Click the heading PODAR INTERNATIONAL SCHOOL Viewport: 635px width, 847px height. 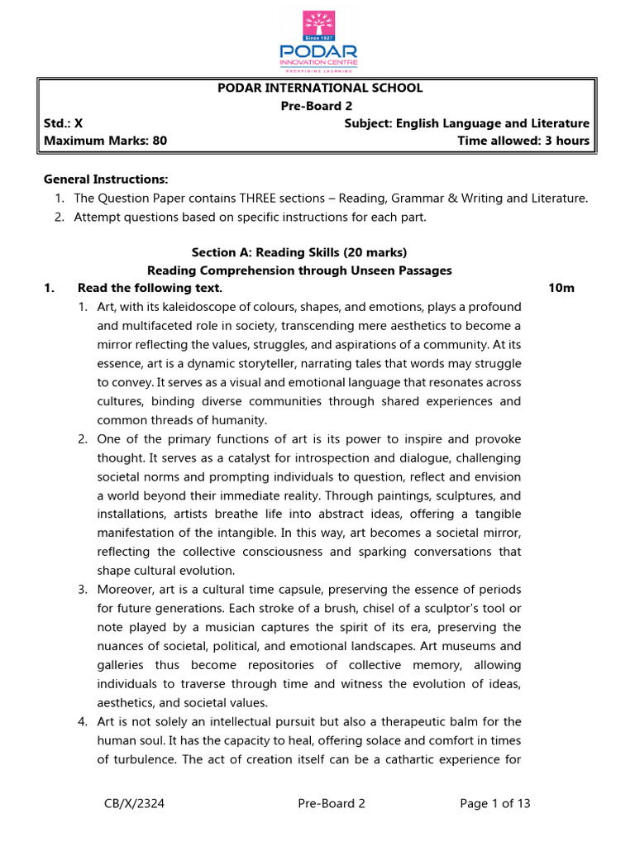(319, 88)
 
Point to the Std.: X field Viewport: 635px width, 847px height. (64, 123)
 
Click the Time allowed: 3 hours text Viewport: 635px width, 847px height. (523, 141)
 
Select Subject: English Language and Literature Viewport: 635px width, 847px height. (466, 123)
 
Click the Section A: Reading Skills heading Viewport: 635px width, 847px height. (299, 252)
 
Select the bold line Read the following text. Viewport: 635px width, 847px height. (150, 288)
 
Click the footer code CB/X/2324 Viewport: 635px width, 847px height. (134, 803)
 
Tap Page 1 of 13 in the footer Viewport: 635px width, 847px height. (494, 803)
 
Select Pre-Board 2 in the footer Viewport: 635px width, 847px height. (330, 803)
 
